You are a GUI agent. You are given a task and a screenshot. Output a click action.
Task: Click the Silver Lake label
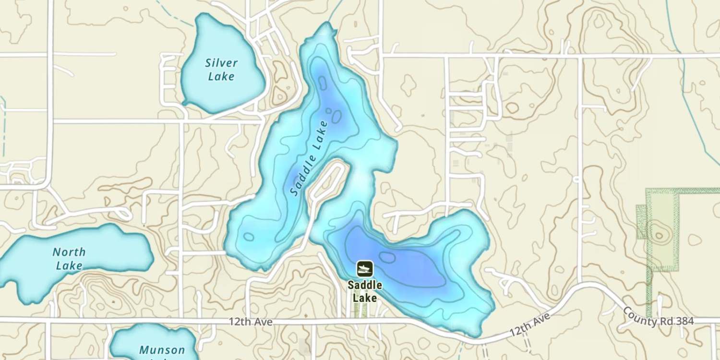(221, 70)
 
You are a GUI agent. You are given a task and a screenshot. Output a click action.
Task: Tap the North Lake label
(69, 259)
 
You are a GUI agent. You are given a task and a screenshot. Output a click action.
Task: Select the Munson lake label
(162, 350)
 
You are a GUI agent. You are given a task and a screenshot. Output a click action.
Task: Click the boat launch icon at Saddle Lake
(364, 269)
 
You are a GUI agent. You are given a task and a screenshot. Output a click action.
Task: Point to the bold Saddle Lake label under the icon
(365, 291)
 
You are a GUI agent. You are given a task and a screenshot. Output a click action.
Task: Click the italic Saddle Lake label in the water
(309, 158)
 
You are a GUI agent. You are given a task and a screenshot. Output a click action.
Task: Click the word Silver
(221, 63)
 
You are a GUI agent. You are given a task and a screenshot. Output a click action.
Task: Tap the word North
(69, 252)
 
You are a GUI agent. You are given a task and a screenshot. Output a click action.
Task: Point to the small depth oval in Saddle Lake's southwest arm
(249, 236)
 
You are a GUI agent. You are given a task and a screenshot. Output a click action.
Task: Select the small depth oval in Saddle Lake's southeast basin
(387, 257)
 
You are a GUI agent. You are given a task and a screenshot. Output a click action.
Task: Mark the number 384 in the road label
(684, 322)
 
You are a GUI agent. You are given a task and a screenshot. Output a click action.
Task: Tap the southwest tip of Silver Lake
(184, 103)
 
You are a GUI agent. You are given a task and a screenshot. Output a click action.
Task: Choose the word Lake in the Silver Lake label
(222, 76)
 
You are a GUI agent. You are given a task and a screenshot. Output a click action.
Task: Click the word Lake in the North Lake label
(69, 265)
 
